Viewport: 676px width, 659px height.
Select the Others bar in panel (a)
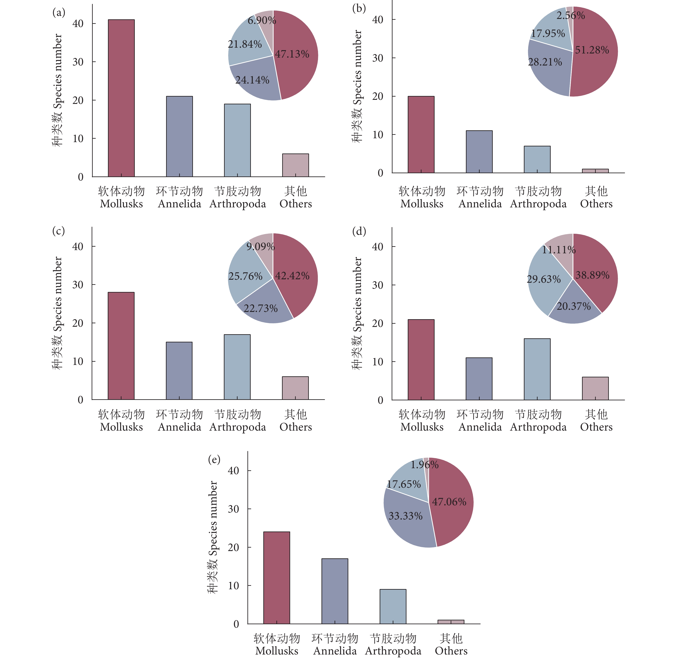[x=296, y=166]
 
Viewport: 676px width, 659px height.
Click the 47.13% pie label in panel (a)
[x=292, y=54]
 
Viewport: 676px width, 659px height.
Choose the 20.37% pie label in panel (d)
[x=574, y=306]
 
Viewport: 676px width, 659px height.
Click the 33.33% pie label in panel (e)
[x=405, y=516]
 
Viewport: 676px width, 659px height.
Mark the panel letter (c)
[x=58, y=231]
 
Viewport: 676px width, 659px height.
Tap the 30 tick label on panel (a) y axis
[x=78, y=62]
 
